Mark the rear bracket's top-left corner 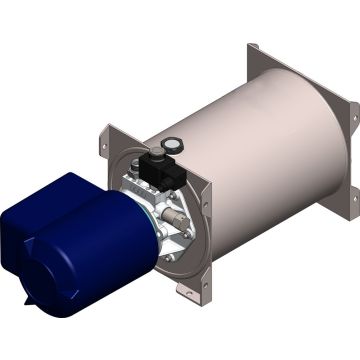253,45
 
